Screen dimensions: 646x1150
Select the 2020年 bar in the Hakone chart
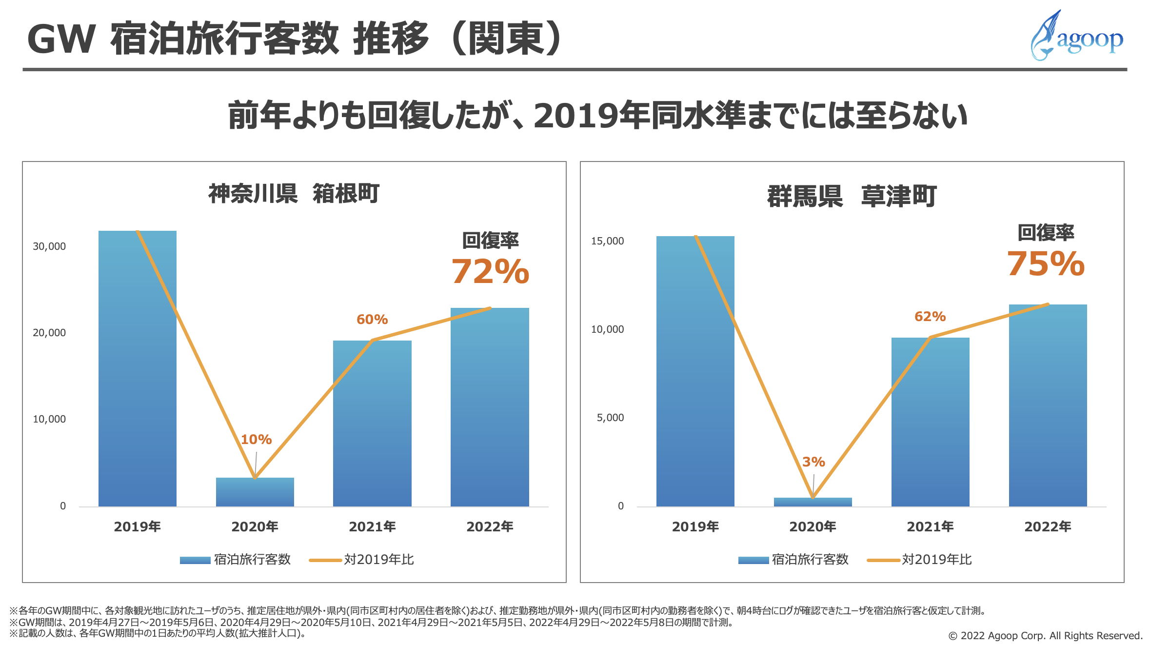click(x=255, y=492)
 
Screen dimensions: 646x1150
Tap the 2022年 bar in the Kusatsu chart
click(x=1048, y=405)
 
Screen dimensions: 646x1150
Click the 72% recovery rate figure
click(x=490, y=271)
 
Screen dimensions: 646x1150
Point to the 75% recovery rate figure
click(x=1046, y=264)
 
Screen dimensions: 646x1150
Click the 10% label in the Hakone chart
click(x=256, y=440)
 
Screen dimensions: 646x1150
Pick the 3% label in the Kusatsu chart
click(x=813, y=462)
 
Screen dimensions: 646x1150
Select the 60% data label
click(x=372, y=320)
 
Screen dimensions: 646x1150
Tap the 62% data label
click(x=930, y=317)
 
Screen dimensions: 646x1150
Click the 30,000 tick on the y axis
click(x=49, y=246)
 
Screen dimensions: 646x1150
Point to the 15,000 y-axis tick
click(x=607, y=241)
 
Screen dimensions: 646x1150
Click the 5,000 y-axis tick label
click(x=610, y=418)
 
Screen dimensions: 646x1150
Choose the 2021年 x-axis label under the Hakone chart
click(x=372, y=527)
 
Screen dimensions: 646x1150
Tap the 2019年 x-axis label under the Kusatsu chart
click(x=695, y=527)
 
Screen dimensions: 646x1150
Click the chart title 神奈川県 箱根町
click(x=294, y=194)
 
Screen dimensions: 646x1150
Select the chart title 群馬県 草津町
click(x=852, y=196)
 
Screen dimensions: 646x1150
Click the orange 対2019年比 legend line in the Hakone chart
click(x=325, y=560)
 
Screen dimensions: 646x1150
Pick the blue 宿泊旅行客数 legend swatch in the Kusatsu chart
click(x=753, y=560)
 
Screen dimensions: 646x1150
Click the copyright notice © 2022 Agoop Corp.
click(x=1045, y=636)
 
